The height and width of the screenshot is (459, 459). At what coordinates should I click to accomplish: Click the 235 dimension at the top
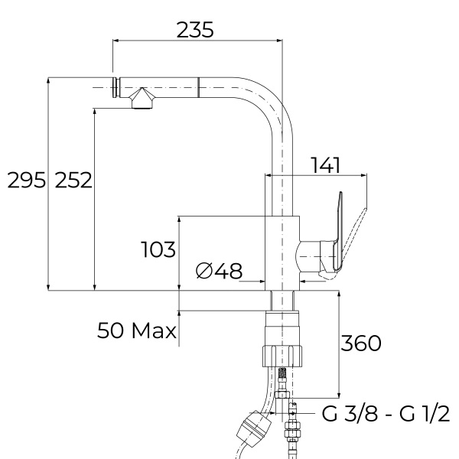[194, 30]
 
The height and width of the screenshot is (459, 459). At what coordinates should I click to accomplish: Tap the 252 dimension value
[74, 181]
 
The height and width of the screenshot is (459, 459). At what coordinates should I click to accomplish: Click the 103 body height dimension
[158, 249]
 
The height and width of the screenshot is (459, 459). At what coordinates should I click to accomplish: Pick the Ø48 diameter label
[219, 270]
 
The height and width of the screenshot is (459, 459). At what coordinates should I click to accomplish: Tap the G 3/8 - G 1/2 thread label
[386, 414]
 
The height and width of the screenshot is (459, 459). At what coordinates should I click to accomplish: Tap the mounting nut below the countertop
[282, 355]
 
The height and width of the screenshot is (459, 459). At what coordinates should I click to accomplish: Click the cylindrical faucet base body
[281, 252]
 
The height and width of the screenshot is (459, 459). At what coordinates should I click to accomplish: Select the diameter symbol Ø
[204, 270]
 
